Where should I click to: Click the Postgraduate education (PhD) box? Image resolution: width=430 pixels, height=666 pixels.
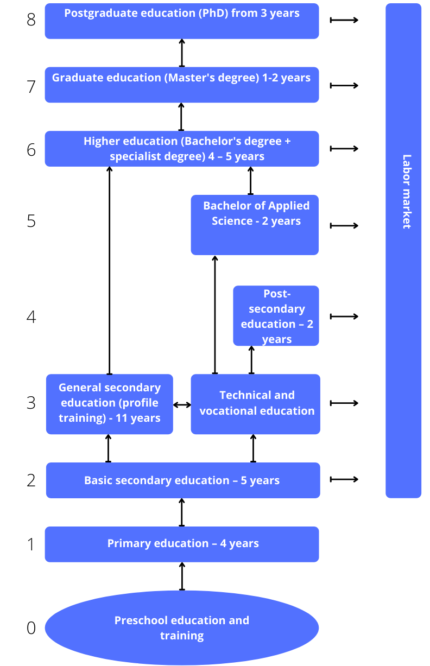[x=182, y=21]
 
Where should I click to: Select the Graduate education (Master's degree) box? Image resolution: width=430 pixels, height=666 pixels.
[x=182, y=85]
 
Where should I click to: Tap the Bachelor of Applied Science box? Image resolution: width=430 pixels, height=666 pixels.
[x=255, y=225]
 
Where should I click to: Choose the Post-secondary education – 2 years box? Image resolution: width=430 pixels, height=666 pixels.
[x=276, y=315]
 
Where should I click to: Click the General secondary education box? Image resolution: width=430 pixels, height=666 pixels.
[x=110, y=404]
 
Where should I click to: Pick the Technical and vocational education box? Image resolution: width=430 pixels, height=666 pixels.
[x=255, y=404]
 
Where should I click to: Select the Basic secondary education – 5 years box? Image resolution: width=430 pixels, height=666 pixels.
[x=183, y=480]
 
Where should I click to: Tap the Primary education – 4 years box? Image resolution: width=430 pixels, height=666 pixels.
[x=182, y=544]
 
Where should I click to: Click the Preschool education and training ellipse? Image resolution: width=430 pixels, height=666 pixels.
[x=182, y=627]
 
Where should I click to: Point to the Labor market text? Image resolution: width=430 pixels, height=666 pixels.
[x=407, y=192]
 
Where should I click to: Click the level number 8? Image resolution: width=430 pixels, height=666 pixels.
[x=31, y=20]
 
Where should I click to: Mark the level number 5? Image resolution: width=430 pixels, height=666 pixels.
[x=31, y=221]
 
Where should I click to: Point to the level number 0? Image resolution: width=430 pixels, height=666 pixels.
[x=31, y=628]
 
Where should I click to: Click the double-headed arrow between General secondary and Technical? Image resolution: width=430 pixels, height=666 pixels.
[x=182, y=405]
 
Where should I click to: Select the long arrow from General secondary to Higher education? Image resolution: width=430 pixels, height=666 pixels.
[x=110, y=270]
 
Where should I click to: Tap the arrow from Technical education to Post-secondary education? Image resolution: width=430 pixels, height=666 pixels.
[x=251, y=360]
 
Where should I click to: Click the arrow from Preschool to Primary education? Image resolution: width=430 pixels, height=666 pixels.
[x=182, y=576]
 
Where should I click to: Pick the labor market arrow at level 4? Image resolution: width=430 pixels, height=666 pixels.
[x=344, y=316]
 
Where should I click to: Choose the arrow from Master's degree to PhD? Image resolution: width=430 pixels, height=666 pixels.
[x=182, y=53]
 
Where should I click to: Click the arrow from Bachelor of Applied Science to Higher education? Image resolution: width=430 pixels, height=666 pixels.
[x=250, y=181]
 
